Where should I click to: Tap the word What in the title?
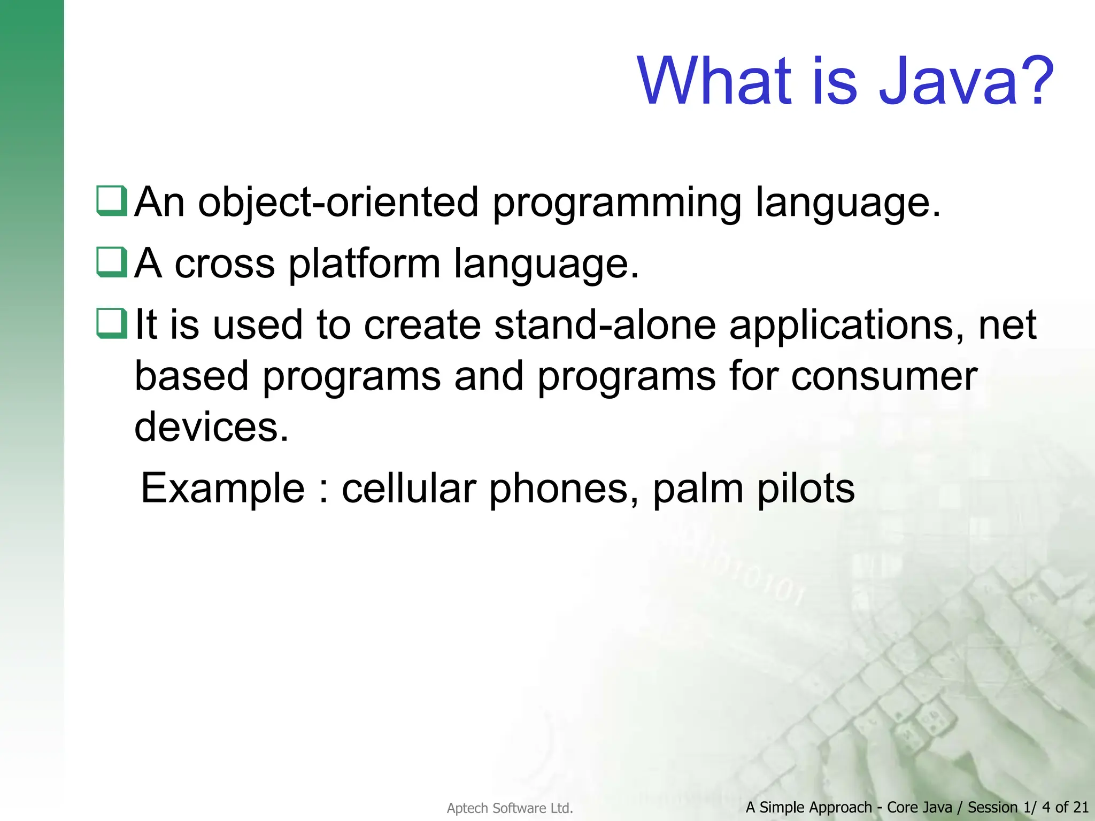(x=714, y=81)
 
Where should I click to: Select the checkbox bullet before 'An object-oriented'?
(x=112, y=201)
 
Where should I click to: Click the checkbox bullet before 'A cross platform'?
(x=112, y=262)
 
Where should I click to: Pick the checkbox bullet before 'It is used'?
(x=112, y=324)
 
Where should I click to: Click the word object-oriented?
(x=338, y=203)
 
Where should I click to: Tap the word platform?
(x=364, y=265)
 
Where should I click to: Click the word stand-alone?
(x=605, y=325)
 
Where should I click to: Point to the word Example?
(x=222, y=489)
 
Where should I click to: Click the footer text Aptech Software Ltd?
(x=510, y=808)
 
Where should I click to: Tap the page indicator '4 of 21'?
(x=1065, y=807)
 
